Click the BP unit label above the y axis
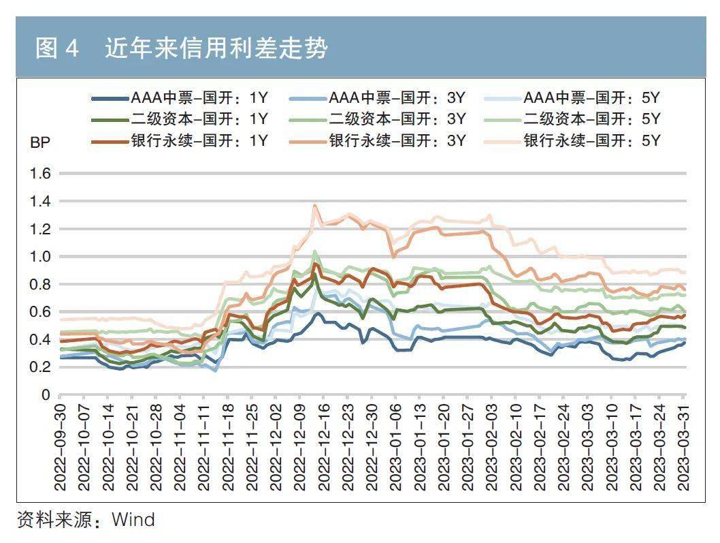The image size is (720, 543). tap(39, 143)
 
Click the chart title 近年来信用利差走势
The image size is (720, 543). tap(216, 48)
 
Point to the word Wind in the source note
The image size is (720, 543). tap(133, 521)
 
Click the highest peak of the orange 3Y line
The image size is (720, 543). tap(315, 204)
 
